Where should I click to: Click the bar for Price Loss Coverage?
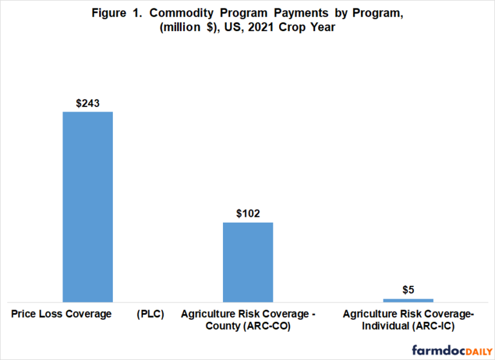click(88, 206)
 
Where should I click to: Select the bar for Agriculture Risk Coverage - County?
click(248, 262)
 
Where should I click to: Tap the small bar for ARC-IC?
click(408, 300)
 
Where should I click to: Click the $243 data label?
click(88, 103)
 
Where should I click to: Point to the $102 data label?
click(248, 214)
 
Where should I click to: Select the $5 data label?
click(408, 290)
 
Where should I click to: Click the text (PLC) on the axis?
click(150, 314)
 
